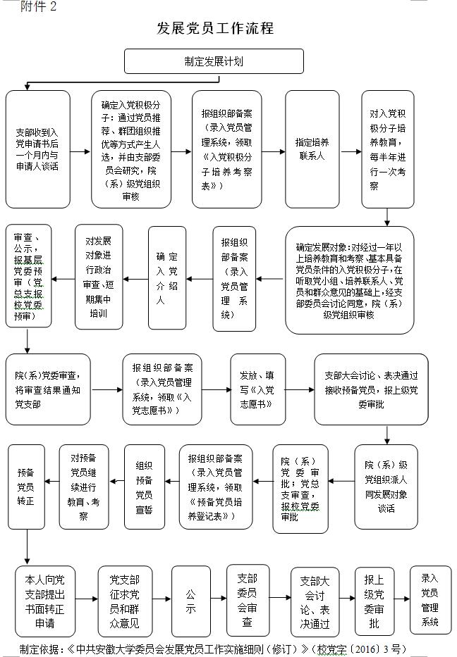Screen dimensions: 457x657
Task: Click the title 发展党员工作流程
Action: tap(215, 28)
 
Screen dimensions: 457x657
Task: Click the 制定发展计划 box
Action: tap(214, 61)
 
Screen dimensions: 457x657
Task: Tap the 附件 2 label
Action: tap(38, 7)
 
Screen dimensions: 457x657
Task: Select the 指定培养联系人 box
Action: tap(312, 149)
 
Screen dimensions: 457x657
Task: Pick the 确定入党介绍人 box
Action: tap(167, 278)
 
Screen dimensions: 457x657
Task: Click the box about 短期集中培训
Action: tap(99, 277)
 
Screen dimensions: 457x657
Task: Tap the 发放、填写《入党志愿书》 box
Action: tap(257, 389)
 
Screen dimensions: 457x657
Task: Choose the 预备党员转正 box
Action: tap(26, 487)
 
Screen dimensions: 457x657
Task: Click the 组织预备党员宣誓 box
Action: tap(145, 487)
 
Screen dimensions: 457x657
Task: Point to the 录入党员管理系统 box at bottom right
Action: tap(429, 599)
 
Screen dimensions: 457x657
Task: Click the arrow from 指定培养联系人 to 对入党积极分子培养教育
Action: tap(351, 151)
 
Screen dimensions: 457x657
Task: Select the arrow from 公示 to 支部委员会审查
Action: tap(218, 599)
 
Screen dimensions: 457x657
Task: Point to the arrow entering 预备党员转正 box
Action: tap(51, 482)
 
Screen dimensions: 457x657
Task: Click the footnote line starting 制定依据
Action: tap(213, 649)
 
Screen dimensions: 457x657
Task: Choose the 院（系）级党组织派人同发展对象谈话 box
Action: tap(386, 487)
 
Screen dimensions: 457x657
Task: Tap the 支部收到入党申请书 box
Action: tap(38, 149)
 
